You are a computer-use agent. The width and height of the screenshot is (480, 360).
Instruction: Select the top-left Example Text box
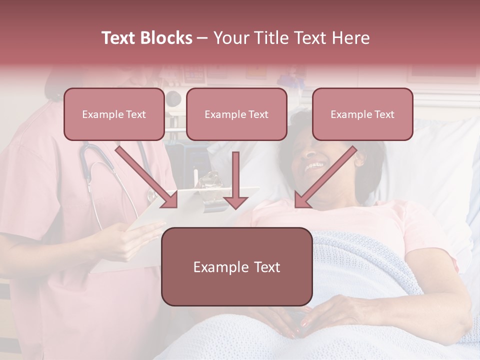click(x=114, y=114)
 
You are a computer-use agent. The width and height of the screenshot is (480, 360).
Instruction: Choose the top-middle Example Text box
click(x=236, y=114)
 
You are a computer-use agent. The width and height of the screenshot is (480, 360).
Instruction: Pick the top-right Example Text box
click(x=362, y=114)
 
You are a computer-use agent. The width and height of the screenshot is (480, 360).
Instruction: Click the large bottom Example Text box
click(x=237, y=267)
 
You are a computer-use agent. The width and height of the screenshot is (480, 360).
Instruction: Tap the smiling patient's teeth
click(x=314, y=165)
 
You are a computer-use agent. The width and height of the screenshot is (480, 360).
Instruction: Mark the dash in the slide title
click(x=202, y=38)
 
